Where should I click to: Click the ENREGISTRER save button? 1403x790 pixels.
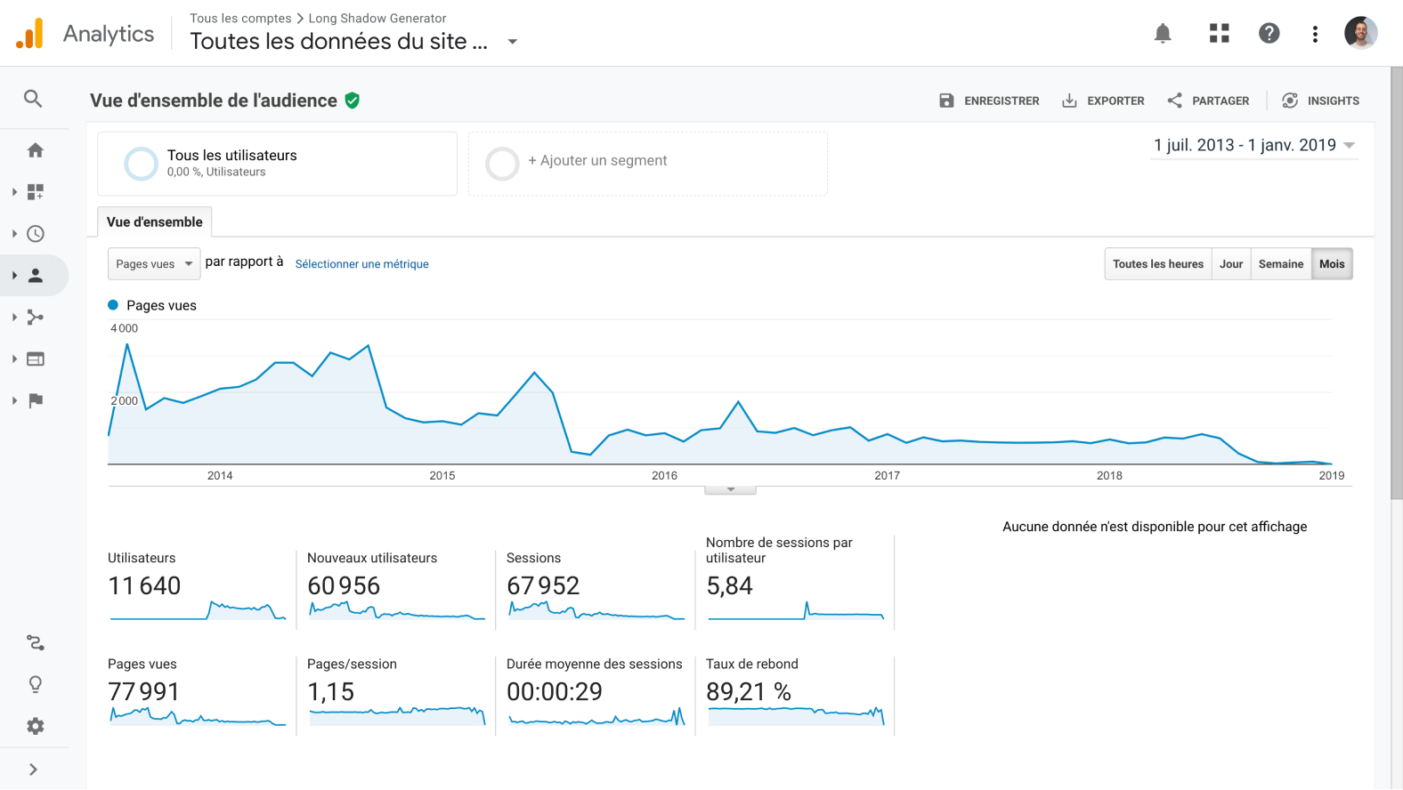tap(989, 101)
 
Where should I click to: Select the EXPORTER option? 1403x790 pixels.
tap(1103, 101)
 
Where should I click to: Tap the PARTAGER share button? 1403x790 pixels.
tap(1208, 101)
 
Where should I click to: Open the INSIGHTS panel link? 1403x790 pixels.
tap(1320, 101)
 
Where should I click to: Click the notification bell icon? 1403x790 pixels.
tap(1163, 33)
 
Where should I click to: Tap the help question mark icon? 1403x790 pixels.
tap(1269, 33)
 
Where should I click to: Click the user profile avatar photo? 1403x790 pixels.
tap(1360, 33)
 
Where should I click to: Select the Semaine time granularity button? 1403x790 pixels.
tap(1281, 264)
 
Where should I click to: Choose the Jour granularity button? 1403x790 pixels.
tap(1231, 264)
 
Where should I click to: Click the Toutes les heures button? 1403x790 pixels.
tap(1158, 264)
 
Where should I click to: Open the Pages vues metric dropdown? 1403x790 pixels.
tap(154, 263)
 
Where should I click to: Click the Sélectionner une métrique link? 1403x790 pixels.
tap(362, 264)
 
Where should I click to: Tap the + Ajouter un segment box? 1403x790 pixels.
tap(647, 164)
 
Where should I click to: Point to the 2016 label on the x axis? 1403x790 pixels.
tap(664, 476)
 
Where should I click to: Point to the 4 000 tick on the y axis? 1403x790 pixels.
tap(124, 328)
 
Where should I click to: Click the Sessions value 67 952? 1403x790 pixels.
tap(543, 586)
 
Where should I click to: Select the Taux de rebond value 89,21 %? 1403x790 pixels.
tap(749, 692)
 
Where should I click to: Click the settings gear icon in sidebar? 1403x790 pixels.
tap(36, 726)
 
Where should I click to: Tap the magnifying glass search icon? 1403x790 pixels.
tap(33, 99)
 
